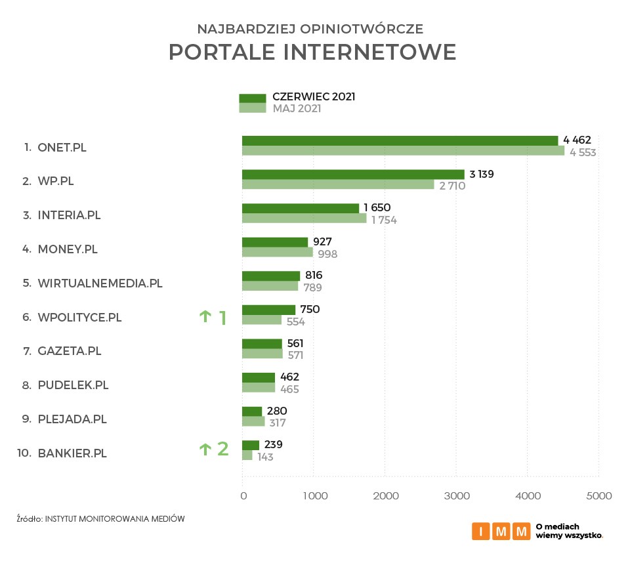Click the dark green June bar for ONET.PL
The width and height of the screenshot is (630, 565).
point(400,140)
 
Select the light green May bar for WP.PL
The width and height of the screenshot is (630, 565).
point(338,185)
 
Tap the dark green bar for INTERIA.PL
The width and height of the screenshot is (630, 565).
point(301,209)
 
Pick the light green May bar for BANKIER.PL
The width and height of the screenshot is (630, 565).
point(247,455)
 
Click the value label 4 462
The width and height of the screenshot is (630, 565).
point(577,140)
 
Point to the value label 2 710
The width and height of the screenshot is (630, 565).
point(452,186)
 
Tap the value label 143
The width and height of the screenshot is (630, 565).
point(265,457)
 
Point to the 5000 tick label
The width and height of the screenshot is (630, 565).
point(598,496)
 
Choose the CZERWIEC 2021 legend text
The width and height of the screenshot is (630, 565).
point(314,97)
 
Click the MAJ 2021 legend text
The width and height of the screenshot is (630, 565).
point(297,109)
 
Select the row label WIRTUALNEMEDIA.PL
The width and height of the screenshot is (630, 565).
point(100,283)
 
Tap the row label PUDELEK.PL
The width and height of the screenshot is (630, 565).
point(73,385)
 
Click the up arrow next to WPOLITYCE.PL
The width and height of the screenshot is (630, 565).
point(205,317)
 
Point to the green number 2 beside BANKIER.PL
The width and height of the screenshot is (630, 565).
point(223,449)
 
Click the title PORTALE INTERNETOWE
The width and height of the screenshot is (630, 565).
point(312,52)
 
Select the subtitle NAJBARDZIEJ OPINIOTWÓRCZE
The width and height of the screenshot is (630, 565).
point(310,29)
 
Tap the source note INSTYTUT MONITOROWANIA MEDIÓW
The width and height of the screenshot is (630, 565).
point(115,519)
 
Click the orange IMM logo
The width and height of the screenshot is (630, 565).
point(501,530)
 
